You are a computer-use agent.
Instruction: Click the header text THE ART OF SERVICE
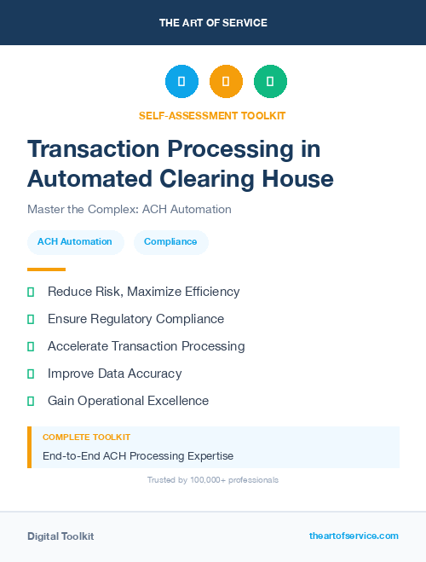pos(213,22)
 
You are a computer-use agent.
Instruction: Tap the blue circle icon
pos(181,81)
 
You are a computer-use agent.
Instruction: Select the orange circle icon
pos(226,81)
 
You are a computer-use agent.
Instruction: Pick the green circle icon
pos(270,81)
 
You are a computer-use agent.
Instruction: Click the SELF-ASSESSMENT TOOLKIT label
pos(212,115)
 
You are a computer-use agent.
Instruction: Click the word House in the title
pos(297,179)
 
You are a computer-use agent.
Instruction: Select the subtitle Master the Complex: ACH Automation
pos(129,209)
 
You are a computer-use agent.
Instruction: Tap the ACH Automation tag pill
pos(75,241)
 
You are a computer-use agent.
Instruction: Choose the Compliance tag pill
pos(170,241)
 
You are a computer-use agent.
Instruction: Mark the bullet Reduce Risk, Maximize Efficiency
pos(143,292)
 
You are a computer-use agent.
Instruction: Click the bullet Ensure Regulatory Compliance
pos(135,319)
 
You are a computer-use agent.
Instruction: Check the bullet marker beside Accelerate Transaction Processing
pos(31,346)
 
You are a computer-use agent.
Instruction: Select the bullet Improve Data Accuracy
pos(114,374)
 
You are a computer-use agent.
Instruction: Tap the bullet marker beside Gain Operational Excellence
pos(31,401)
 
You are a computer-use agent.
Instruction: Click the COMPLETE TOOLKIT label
pos(86,437)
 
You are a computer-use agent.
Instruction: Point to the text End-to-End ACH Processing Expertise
pos(138,455)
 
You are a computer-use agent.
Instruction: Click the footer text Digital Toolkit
pos(60,536)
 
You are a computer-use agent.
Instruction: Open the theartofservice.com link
pos(354,536)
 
